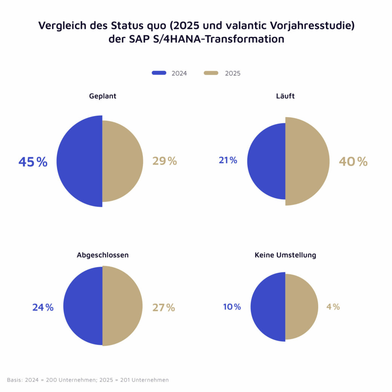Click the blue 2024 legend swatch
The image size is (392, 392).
(x=159, y=73)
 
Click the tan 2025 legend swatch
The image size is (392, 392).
(x=211, y=73)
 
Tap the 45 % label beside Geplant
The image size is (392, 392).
(x=33, y=162)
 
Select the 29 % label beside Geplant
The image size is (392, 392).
(x=164, y=161)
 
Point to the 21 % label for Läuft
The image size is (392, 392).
(x=228, y=160)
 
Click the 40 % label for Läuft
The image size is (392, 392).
(x=353, y=162)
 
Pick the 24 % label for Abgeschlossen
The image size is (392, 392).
(x=43, y=308)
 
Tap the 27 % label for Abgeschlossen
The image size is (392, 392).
(x=164, y=308)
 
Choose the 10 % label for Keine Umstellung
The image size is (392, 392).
(x=232, y=307)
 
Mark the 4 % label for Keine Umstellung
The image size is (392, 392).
(x=333, y=307)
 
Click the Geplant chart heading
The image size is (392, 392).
(x=103, y=96)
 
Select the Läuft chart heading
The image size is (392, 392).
(x=285, y=96)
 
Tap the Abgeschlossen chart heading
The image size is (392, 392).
(x=103, y=255)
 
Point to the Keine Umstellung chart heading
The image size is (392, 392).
(x=285, y=255)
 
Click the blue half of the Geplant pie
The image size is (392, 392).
(x=79, y=161)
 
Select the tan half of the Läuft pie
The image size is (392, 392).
(x=307, y=161)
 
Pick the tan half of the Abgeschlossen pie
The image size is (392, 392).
(x=122, y=306)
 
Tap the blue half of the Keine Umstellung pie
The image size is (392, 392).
(x=268, y=307)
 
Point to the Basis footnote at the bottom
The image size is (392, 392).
(x=88, y=380)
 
